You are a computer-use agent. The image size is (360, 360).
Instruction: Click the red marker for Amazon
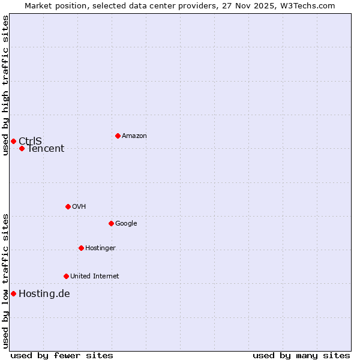click(x=118, y=136)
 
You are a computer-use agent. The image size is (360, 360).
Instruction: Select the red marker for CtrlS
click(x=13, y=141)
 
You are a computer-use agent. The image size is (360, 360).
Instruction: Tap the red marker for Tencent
click(x=22, y=148)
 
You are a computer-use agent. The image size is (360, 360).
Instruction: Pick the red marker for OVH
click(x=68, y=206)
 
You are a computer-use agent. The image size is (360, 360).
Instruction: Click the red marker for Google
click(x=111, y=223)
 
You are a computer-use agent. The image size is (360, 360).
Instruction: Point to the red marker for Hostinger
click(x=81, y=248)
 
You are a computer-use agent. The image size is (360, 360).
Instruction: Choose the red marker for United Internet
click(x=66, y=276)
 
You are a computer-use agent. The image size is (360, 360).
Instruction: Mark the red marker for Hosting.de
click(x=13, y=293)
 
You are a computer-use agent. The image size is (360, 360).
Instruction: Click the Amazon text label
click(x=134, y=136)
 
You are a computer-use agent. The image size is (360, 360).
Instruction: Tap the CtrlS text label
click(x=30, y=141)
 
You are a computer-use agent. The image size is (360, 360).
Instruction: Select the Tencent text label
click(x=46, y=149)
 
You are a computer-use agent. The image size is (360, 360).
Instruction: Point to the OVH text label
click(x=79, y=206)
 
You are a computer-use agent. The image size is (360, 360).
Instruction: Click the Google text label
click(x=126, y=223)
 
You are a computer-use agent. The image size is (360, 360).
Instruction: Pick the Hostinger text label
click(x=100, y=248)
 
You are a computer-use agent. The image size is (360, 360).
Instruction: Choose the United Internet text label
click(x=94, y=276)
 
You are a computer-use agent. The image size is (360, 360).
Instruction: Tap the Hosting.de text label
click(x=44, y=294)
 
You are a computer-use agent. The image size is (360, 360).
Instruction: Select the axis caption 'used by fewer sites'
click(x=62, y=355)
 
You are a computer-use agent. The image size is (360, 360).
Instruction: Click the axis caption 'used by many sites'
click(x=301, y=355)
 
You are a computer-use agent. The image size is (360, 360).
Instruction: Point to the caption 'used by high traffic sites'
click(x=5, y=85)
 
